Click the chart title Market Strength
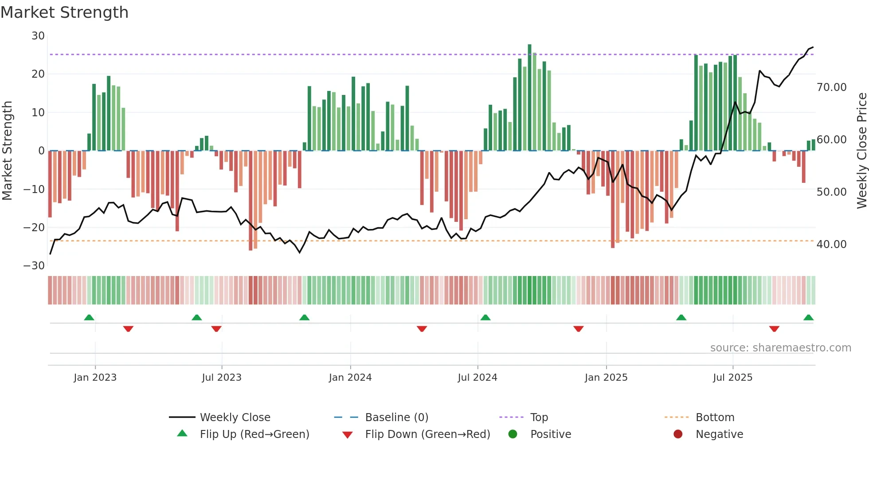tap(64, 12)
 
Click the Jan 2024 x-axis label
tap(350, 378)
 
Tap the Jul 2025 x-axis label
tap(732, 378)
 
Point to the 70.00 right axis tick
tap(831, 87)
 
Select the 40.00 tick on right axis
tap(831, 244)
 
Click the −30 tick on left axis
tap(34, 266)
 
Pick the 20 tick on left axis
tap(38, 74)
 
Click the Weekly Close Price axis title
tap(861, 151)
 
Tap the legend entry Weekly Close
tap(235, 418)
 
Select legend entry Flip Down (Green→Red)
tap(427, 434)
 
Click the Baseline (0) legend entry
tap(396, 418)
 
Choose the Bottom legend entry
tap(715, 418)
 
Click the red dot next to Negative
tap(678, 434)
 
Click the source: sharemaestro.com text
tap(780, 348)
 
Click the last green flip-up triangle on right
tap(808, 318)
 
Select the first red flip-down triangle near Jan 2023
tap(128, 329)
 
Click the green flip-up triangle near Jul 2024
tap(485, 318)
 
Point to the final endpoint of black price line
tap(813, 47)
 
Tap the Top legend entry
tap(539, 418)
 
